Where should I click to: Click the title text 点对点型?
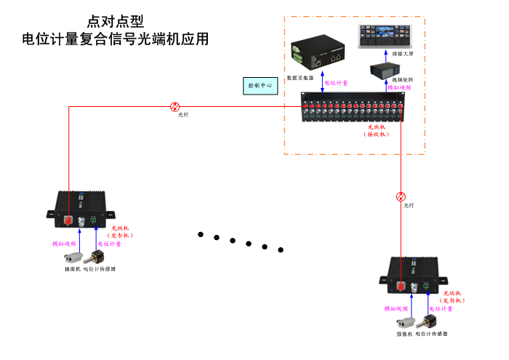point(110,22)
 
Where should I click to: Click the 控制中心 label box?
point(260,85)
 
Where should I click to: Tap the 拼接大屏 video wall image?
point(384,36)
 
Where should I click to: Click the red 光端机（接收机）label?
point(376,131)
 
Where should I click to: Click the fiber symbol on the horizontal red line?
point(175,105)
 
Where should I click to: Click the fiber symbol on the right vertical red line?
point(401,196)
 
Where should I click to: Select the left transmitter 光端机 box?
point(81,209)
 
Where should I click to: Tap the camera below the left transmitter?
point(73,257)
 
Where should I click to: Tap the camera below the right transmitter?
point(404,322)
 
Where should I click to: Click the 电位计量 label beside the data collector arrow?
point(337,83)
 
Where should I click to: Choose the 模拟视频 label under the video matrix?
point(399,87)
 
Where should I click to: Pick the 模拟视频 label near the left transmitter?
point(64,244)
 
